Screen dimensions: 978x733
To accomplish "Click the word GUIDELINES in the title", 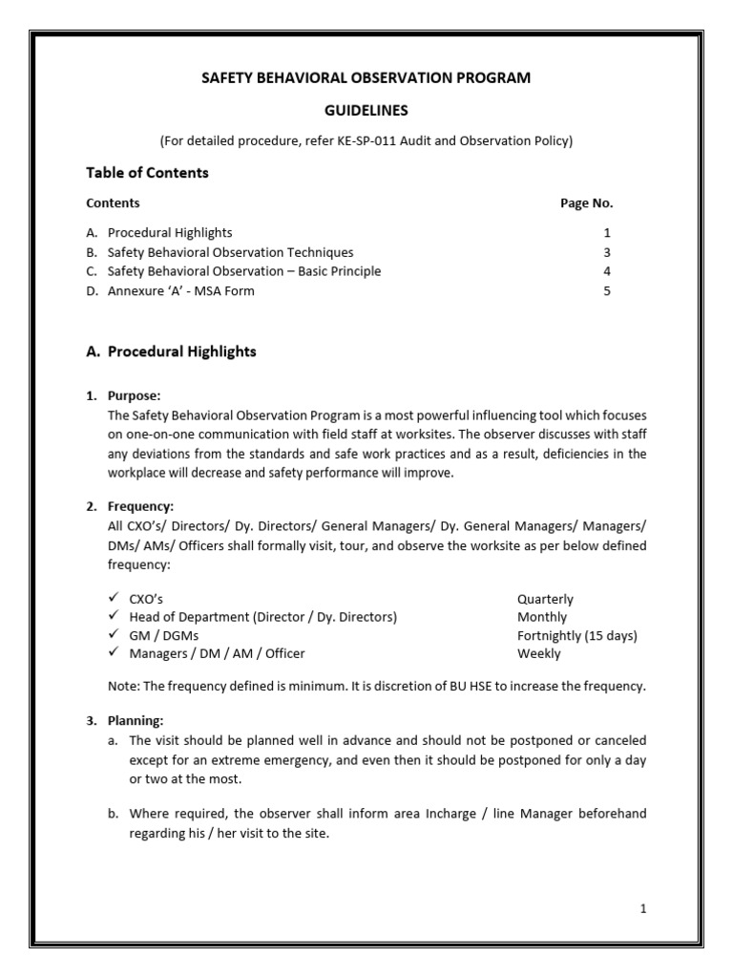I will coord(366,110).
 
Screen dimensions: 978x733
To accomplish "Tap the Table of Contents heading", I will coord(147,173).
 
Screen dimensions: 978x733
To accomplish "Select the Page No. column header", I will coord(586,203).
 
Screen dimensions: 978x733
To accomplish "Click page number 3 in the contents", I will coord(607,253).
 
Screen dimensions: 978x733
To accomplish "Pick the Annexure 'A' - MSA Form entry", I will coord(181,291).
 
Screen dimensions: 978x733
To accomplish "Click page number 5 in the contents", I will coord(607,291).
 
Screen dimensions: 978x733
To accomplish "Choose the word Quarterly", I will coord(545,600).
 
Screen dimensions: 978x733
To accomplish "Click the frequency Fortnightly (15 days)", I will coord(576,636).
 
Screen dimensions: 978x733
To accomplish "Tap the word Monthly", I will coord(541,618).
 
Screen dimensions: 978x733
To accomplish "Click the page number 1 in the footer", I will coord(643,909).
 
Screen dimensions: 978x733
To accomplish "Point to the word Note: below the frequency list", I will coord(124,686).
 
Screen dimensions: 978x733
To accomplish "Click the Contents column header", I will coord(113,203).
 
